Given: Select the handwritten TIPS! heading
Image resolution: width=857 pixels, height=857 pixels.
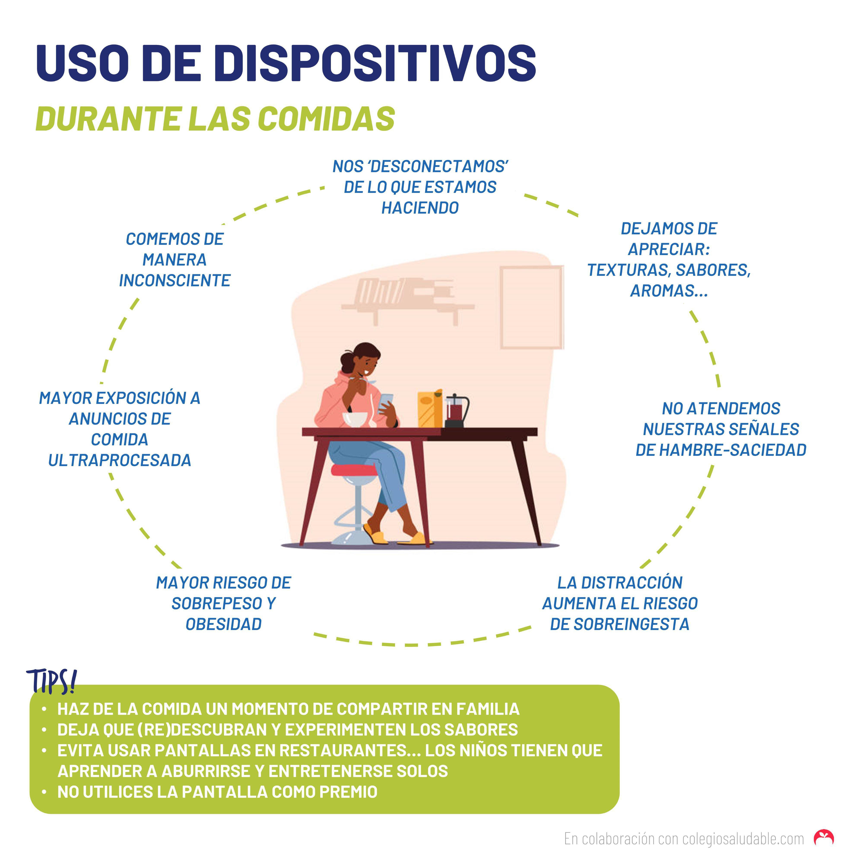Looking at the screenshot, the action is [51, 681].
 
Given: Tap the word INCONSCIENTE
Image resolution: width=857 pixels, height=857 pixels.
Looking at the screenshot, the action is [175, 280].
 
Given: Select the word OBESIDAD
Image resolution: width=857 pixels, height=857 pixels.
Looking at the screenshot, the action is [224, 624].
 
